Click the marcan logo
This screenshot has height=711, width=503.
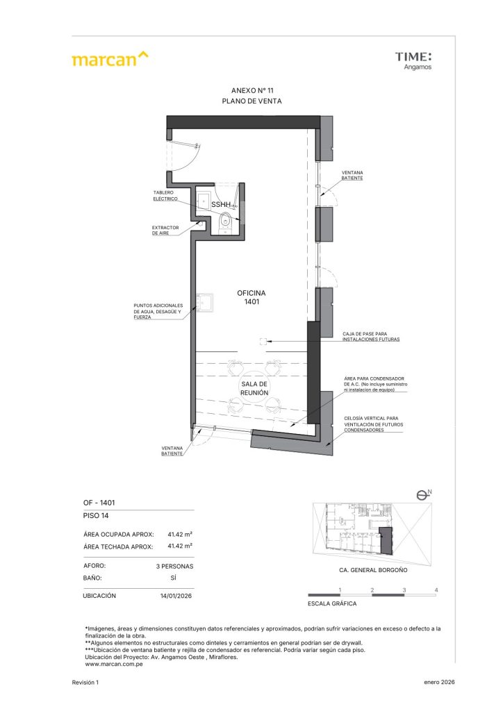110,59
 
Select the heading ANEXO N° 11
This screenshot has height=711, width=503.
252,90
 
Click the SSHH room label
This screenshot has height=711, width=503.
221,205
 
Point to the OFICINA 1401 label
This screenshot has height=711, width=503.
251,297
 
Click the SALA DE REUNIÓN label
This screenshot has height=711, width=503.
254,389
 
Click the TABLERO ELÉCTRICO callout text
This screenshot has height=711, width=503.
165,196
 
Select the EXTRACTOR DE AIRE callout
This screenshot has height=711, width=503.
165,231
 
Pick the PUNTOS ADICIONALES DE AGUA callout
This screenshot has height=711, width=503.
158,311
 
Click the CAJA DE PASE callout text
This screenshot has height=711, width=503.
370,337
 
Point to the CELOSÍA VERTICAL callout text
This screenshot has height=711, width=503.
373,424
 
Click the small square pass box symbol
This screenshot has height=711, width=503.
262,342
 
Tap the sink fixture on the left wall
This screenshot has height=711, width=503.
204,303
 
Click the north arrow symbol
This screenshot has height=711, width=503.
424,495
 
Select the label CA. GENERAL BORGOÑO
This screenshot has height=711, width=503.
373,570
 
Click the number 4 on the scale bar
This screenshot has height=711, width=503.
436,590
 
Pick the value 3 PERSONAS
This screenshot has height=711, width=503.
174,567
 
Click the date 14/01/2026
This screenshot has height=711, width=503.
176,596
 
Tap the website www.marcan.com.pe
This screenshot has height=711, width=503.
114,664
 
